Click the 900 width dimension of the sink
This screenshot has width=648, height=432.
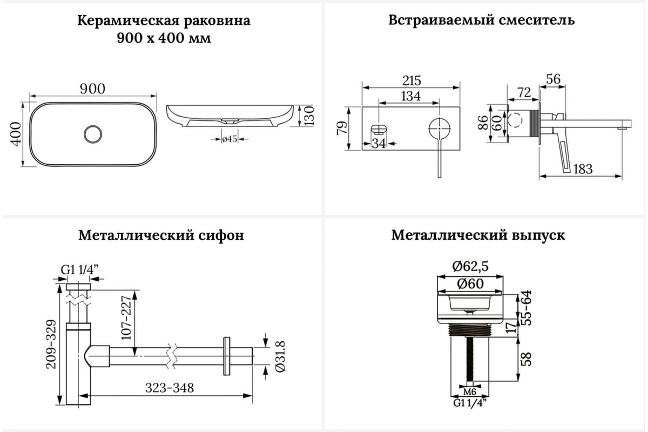point(93,89)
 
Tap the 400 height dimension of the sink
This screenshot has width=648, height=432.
point(16,133)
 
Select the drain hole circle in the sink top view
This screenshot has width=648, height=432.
point(93,133)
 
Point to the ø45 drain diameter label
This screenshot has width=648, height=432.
point(231,139)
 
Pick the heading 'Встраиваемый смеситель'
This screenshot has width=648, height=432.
point(481,21)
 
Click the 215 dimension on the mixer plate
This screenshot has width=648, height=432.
point(411,80)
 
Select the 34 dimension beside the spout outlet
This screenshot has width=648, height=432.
point(380,143)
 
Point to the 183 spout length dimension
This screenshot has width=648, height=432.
point(582,169)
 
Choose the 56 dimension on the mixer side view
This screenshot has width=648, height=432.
point(553,79)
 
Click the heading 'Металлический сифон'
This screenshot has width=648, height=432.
point(161,236)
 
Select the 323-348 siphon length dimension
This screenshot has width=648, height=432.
point(170,388)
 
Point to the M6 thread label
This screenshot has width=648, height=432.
point(469,390)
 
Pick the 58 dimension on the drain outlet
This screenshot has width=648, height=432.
point(526,359)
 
